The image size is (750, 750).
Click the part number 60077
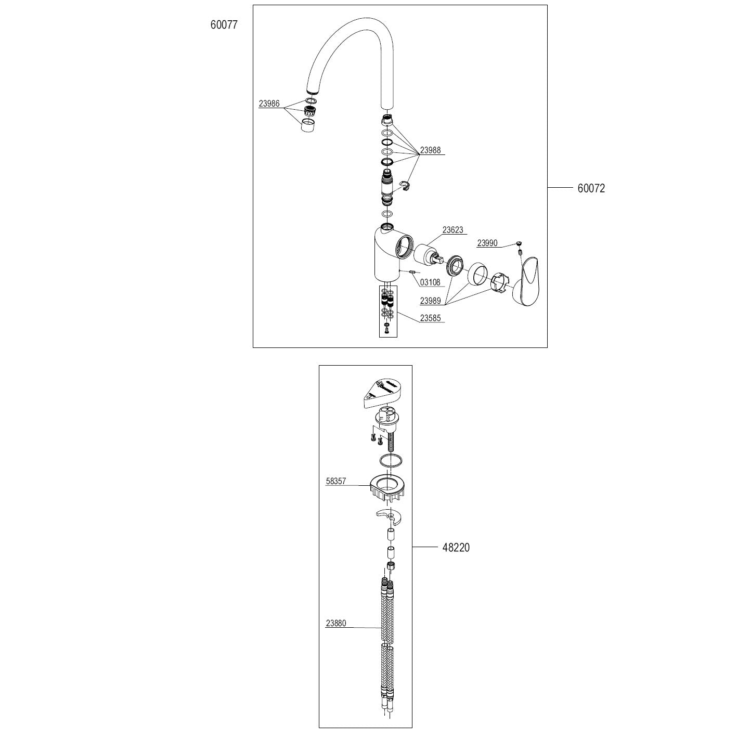pyautogui.click(x=224, y=24)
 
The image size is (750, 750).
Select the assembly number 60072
pyautogui.click(x=591, y=188)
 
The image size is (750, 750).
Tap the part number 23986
pyautogui.click(x=269, y=104)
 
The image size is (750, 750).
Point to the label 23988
pyautogui.click(x=430, y=150)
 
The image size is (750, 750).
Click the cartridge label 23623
pyautogui.click(x=452, y=230)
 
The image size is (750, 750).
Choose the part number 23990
pyautogui.click(x=487, y=243)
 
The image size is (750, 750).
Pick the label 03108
pyautogui.click(x=430, y=282)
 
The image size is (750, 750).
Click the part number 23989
pyautogui.click(x=430, y=301)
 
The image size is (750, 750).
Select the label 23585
pyautogui.click(x=430, y=318)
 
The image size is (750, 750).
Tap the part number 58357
pyautogui.click(x=336, y=482)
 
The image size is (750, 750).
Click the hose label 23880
pyautogui.click(x=336, y=624)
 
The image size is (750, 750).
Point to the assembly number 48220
pyautogui.click(x=456, y=548)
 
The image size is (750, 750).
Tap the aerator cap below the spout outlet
pyautogui.click(x=308, y=125)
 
